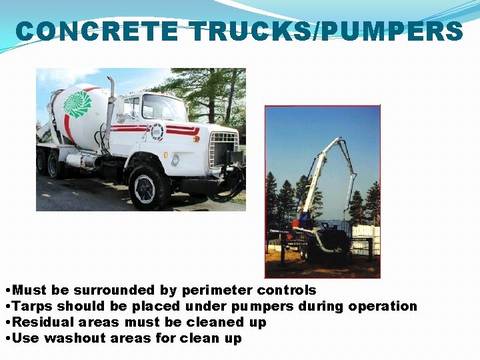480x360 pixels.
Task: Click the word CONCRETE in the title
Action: tap(97, 31)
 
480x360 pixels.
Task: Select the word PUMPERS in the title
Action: tap(392, 31)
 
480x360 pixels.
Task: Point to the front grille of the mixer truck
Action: tap(223, 149)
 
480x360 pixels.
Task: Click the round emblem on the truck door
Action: tap(157, 131)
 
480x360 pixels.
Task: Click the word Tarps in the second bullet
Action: tap(33, 307)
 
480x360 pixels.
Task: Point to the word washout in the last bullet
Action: tap(73, 339)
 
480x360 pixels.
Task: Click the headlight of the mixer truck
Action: tap(175, 160)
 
